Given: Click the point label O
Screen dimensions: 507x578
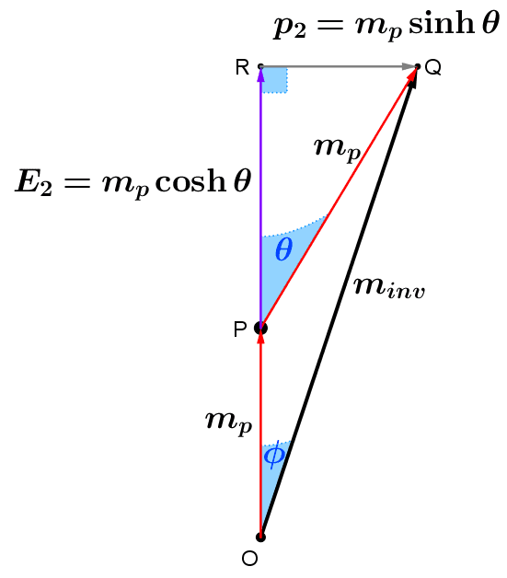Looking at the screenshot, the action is click(x=248, y=559).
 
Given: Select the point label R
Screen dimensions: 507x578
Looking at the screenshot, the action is click(x=243, y=67).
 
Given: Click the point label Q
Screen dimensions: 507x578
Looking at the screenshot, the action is click(x=432, y=67).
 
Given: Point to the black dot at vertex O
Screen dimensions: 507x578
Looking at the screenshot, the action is click(x=260, y=537).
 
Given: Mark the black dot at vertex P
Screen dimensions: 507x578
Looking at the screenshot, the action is click(x=260, y=328).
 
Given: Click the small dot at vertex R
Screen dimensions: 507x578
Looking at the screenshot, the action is click(x=260, y=66).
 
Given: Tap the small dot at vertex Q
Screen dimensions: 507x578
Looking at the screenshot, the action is click(x=418, y=66).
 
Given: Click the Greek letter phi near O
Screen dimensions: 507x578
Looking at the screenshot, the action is click(x=273, y=455).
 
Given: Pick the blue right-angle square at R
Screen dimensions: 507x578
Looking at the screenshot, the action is click(x=274, y=79).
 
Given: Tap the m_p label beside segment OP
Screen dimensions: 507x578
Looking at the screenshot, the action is click(x=228, y=421).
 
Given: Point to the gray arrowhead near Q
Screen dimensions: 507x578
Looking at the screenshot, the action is click(x=409, y=66).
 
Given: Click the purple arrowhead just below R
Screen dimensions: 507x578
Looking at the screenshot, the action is click(x=260, y=76).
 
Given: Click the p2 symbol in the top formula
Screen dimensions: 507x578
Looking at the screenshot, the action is click(x=289, y=27).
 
